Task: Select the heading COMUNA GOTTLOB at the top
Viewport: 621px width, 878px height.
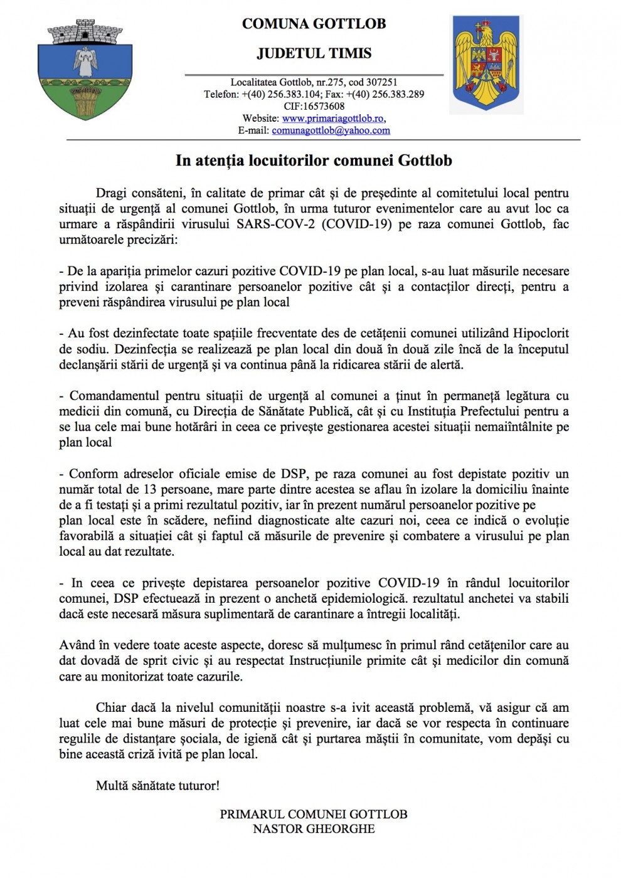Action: [x=314, y=24]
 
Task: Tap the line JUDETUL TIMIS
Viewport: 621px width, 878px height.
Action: [x=314, y=53]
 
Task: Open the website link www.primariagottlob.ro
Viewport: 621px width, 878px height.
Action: [x=332, y=119]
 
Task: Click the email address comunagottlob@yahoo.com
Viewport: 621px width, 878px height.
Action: [x=331, y=130]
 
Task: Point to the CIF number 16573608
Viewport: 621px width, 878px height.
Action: [x=323, y=107]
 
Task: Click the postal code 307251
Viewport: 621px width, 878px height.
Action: [x=381, y=82]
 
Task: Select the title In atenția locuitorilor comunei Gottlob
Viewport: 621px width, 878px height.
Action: [x=314, y=161]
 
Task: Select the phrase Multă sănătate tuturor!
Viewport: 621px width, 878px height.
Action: [x=157, y=785]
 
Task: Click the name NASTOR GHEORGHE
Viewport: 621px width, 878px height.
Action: [x=314, y=828]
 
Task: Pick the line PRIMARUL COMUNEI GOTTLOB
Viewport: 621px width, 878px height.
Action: [x=314, y=814]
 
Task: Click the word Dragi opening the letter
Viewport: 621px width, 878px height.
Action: [x=111, y=193]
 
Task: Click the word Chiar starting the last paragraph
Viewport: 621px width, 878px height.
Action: [x=111, y=707]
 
